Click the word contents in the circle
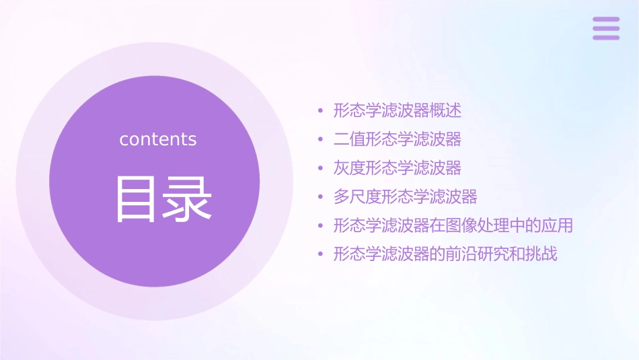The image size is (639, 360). [158, 139]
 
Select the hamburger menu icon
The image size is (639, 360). [606, 28]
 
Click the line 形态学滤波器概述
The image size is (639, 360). [398, 110]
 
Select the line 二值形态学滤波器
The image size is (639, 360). [398, 139]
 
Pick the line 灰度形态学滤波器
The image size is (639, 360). [398, 168]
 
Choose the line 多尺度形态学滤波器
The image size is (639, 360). [406, 197]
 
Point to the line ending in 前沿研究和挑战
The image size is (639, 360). [445, 254]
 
